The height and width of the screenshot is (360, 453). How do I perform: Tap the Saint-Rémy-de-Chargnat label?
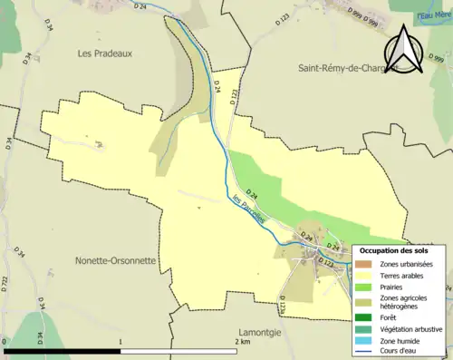coord(350,68)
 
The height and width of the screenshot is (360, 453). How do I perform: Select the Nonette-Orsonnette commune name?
coord(115,260)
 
